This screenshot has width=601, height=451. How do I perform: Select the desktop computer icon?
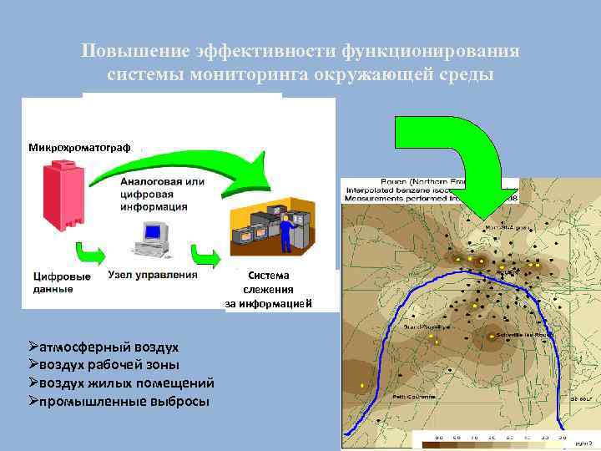coord(151,238)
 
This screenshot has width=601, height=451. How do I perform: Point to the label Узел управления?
coord(153,274)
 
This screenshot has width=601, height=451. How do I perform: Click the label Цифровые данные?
coord(62,282)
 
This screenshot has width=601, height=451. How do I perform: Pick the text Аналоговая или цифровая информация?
coord(163,194)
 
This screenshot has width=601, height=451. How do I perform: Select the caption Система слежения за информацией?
coord(268,288)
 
